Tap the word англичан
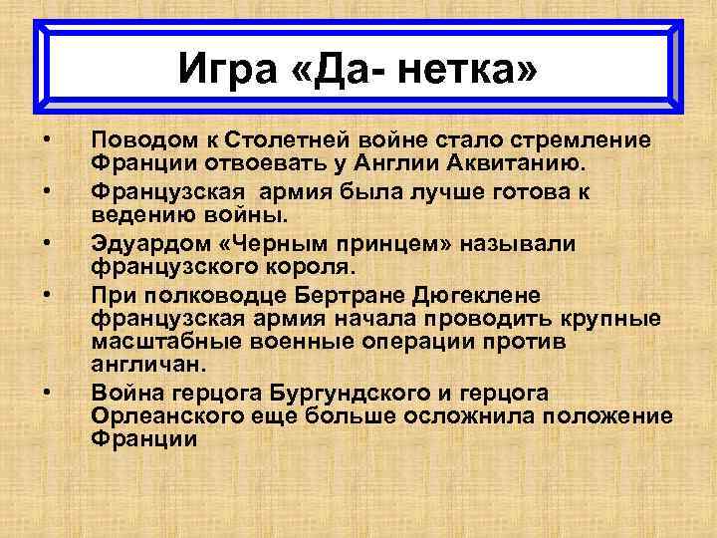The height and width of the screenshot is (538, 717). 138,366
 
